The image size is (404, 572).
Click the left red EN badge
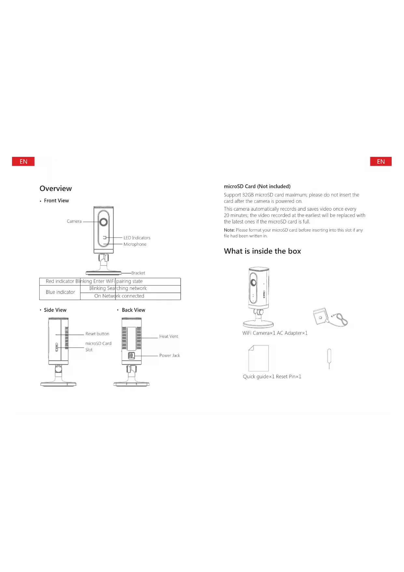[x=23, y=161]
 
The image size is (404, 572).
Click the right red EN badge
[x=381, y=161]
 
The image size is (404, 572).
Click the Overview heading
[x=56, y=188]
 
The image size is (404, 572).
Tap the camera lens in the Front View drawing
[x=104, y=222]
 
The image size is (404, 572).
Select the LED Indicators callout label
[x=137, y=238]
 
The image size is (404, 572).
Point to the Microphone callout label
[x=135, y=244]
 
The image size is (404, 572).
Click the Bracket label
[x=138, y=273]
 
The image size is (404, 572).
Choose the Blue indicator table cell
[x=60, y=292]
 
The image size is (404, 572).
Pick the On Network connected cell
[x=119, y=296]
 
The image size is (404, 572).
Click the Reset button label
[x=97, y=334]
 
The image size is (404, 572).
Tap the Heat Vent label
[x=169, y=337]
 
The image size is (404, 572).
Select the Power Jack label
[x=169, y=355]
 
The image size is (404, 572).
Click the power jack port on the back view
[x=131, y=355]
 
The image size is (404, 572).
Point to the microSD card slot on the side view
[x=57, y=347]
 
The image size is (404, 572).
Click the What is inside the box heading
[x=262, y=251]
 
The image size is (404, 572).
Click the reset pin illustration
[x=329, y=358]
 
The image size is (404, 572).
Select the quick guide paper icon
[x=258, y=358]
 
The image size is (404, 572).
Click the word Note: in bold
[x=229, y=230]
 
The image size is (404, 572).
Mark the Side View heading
[x=55, y=310]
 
